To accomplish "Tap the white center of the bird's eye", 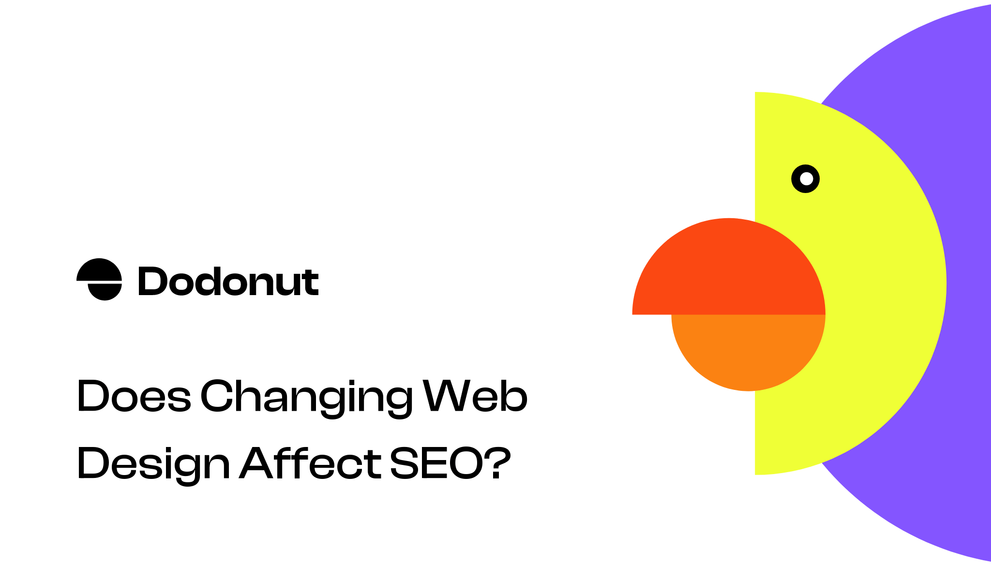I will pos(806,179).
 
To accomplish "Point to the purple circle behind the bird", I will pos(963,145).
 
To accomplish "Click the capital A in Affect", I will pos(261,463).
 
